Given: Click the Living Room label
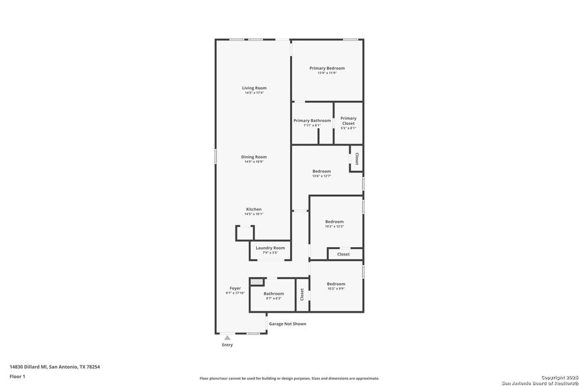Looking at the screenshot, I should (x=254, y=88).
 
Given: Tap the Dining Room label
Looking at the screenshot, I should (x=254, y=157).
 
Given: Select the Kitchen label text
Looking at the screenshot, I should (x=254, y=209).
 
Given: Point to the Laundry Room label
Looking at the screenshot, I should (x=270, y=248).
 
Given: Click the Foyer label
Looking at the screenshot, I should (x=235, y=288).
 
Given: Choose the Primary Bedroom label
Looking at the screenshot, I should (x=327, y=68).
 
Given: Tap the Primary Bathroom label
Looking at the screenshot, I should (x=312, y=120).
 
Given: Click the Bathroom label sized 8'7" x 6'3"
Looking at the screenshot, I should (x=273, y=293).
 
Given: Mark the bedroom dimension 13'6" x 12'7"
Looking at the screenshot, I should (x=322, y=176).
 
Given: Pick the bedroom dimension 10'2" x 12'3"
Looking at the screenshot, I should (x=335, y=226).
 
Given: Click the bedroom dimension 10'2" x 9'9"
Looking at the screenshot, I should (x=336, y=289).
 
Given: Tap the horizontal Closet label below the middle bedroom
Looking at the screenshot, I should (x=344, y=254).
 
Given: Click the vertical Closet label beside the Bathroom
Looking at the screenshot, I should (x=302, y=294).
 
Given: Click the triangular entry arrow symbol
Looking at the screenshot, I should (x=227, y=337).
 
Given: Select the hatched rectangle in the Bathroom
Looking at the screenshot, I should (x=257, y=282).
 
